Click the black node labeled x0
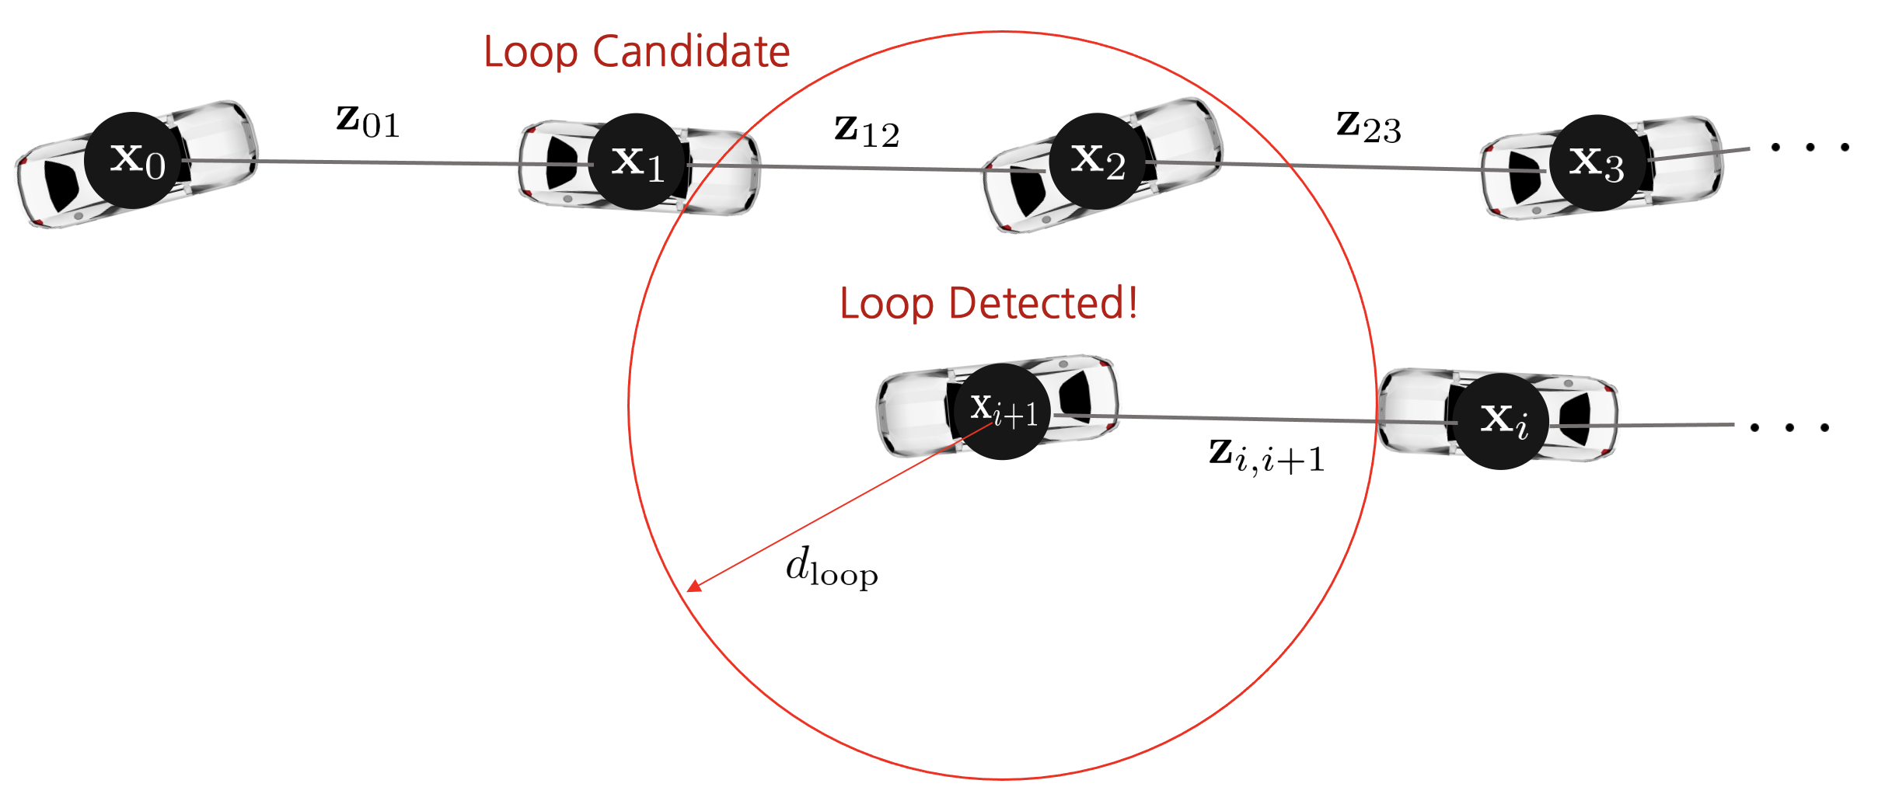click(x=134, y=160)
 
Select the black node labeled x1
click(x=637, y=162)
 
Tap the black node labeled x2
click(x=1098, y=161)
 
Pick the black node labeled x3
click(x=1597, y=162)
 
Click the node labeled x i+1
click(x=1003, y=411)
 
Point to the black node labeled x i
click(x=1501, y=421)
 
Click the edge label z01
click(x=368, y=121)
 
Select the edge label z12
click(x=867, y=131)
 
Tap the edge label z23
click(x=1369, y=126)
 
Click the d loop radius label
click(x=831, y=566)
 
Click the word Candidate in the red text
click(x=691, y=52)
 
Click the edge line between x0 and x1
click(x=389, y=162)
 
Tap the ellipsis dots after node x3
click(x=1810, y=147)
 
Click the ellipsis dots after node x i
click(x=1790, y=427)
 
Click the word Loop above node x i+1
click(x=886, y=304)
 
